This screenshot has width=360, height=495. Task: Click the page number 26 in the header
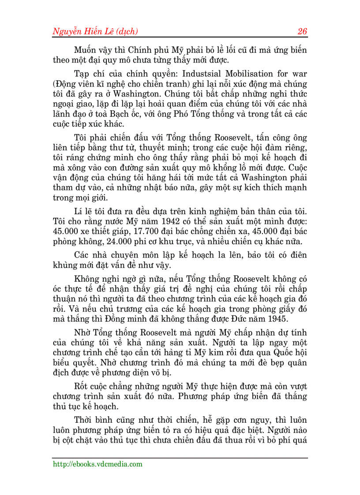pos(302,31)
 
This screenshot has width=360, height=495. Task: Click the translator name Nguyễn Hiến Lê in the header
pos(82,31)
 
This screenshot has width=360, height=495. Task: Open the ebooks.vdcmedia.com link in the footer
pos(97,464)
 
